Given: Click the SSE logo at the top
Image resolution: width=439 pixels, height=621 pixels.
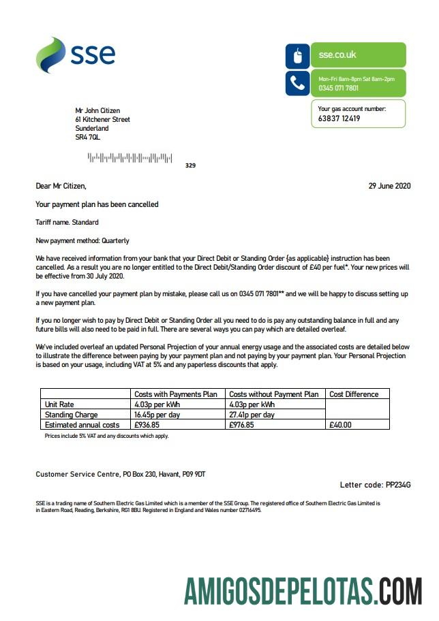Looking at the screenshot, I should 75,55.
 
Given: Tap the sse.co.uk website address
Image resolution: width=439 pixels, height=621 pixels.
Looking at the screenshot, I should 337,54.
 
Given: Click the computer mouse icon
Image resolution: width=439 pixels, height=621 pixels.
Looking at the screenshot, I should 297,56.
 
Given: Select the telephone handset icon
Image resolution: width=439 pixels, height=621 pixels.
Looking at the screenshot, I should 297,83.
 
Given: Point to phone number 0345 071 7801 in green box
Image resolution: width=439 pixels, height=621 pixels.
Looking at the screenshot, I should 339,88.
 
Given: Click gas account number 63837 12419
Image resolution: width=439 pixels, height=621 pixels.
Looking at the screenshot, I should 339,118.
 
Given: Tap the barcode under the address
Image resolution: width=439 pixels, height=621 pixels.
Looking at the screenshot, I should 130,158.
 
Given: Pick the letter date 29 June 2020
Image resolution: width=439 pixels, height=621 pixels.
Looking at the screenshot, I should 390,185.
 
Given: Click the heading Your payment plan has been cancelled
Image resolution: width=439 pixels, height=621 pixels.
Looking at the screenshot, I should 97,204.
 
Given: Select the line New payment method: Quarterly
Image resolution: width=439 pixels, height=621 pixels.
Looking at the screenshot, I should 82,240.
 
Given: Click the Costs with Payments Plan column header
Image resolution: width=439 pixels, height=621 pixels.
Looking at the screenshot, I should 176,394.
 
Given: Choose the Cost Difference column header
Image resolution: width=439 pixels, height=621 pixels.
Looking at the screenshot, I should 354,394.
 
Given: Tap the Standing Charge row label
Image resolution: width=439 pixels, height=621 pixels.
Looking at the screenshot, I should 71,414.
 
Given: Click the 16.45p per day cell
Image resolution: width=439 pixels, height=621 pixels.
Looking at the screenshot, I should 157,414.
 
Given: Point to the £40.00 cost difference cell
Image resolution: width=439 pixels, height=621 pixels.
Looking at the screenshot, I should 341,424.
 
